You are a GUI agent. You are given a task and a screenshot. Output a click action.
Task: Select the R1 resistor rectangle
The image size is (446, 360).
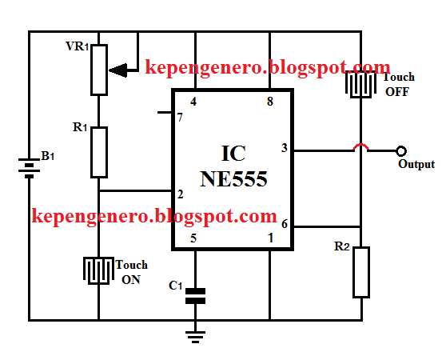pos(98,151)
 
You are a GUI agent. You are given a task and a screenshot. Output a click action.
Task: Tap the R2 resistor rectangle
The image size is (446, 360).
pos(361,272)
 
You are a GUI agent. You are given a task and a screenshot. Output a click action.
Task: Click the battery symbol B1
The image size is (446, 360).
pos(30,169)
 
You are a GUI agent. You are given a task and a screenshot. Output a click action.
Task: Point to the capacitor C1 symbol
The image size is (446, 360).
pos(194,295)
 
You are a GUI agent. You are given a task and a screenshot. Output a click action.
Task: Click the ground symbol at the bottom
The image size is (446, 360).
pos(194,334)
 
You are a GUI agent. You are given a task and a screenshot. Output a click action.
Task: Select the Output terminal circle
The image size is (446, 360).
pos(401,150)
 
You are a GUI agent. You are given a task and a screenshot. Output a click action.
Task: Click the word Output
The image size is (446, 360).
pos(416,164)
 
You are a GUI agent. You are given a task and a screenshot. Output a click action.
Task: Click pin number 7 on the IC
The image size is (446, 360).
pos(180,118)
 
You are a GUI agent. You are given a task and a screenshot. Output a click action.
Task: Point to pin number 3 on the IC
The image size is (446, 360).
pos(284,148)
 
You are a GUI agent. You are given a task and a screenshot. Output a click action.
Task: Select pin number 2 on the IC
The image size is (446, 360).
pos(181,194)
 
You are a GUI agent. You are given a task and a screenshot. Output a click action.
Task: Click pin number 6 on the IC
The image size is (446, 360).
pos(284,226)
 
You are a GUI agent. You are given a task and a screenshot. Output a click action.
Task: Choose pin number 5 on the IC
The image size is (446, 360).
pos(192,238)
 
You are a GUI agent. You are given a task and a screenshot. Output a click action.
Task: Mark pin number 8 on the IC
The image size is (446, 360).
pos(269,102)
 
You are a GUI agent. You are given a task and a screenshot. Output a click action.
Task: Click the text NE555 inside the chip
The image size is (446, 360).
pos(233,180)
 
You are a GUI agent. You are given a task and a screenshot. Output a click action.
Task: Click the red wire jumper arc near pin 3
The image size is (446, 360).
pos(361,146)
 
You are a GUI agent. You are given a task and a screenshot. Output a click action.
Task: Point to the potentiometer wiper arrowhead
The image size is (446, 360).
pos(117,70)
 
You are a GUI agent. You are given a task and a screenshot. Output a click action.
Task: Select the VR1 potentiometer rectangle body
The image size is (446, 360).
pos(98,69)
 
